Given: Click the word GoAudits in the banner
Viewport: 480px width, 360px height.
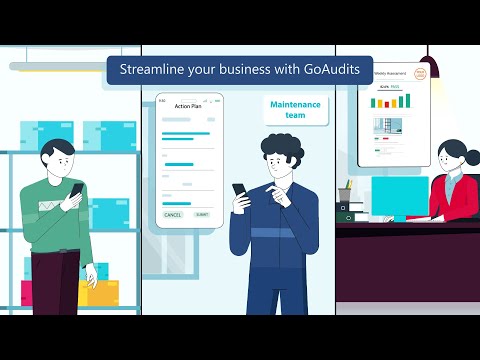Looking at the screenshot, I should [x=329, y=70].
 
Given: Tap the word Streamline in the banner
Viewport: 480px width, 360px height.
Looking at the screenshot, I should [x=153, y=70].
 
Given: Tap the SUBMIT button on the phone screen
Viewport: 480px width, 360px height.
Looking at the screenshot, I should [x=202, y=214].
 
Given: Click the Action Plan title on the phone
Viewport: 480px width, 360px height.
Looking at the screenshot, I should [x=188, y=106].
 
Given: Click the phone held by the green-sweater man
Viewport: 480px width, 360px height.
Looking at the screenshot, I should [x=76, y=190].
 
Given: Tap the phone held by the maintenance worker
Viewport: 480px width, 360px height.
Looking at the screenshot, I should [x=240, y=190].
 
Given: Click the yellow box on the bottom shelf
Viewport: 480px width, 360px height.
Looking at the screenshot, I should [x=100, y=292].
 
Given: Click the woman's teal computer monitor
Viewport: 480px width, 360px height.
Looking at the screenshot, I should [x=398, y=195].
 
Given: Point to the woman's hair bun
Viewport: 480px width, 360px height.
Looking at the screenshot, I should [x=471, y=158].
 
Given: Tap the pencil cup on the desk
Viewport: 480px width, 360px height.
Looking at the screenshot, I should [x=345, y=194].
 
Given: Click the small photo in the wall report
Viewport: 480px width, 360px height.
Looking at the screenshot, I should [x=388, y=125].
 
